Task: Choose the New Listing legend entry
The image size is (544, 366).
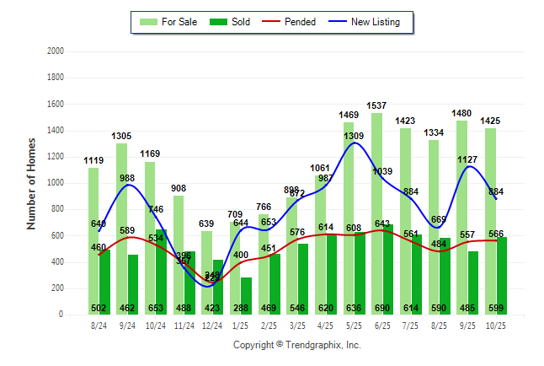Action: [x=374, y=22]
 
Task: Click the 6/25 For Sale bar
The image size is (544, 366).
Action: [x=376, y=211]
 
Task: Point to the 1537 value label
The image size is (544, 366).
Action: [x=376, y=105]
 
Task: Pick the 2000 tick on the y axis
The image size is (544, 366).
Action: [x=56, y=51]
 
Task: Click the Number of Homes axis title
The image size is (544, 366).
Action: [x=31, y=182]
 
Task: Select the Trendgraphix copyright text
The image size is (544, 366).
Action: [x=296, y=345]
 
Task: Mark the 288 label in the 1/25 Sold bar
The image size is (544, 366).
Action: [x=246, y=308]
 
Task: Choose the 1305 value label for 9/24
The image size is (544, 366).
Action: [x=121, y=136]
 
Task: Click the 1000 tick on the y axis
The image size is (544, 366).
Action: [x=56, y=182]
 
